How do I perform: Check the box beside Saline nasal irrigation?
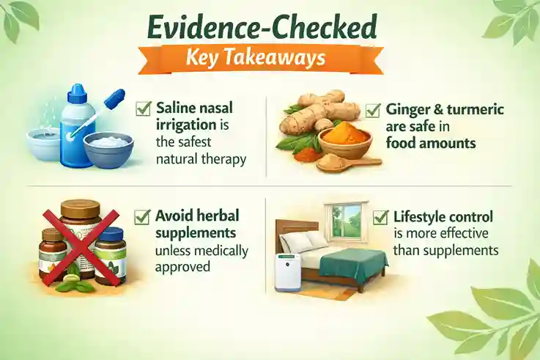pos(143,109)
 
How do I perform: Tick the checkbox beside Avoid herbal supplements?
pos(143,217)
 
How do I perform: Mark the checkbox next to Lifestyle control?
pos(380,217)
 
